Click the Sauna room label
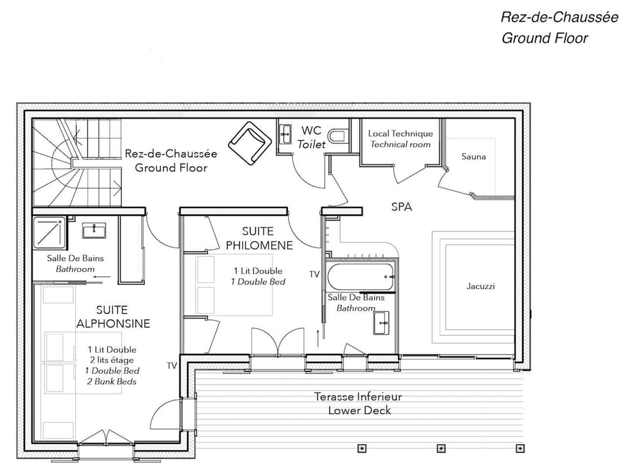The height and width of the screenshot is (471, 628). point(474,156)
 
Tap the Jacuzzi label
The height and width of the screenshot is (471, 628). point(481,287)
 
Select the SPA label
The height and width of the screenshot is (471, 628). point(402,206)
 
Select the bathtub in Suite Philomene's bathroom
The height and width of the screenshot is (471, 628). point(360,277)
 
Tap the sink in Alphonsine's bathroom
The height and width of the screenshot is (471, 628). point(95,230)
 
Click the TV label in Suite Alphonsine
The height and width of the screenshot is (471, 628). point(171,366)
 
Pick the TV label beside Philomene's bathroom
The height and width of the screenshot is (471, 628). point(315,274)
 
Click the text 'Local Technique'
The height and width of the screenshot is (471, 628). point(400,133)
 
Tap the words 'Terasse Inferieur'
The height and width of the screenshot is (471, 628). point(358,396)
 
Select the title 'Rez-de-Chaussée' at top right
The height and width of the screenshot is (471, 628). point(559,17)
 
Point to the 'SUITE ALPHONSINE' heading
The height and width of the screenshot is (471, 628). point(113,317)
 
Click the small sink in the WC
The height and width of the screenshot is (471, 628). point(285,135)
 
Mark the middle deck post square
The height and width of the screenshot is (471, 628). point(440,449)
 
